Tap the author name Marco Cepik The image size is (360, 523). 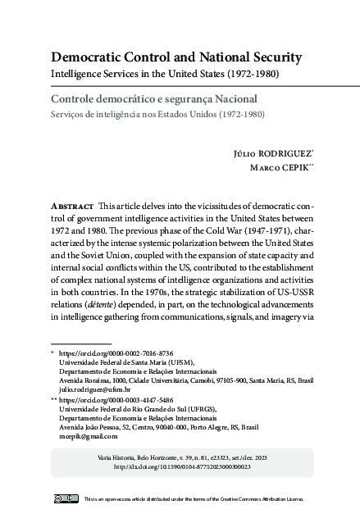[268, 168]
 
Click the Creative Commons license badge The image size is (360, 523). [65, 498]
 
